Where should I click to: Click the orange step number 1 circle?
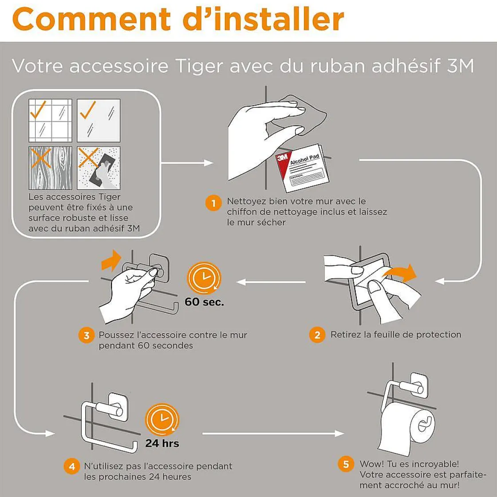pyautogui.click(x=213, y=203)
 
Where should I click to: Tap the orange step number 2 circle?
pyautogui.click(x=317, y=335)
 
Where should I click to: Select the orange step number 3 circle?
pyautogui.click(x=87, y=335)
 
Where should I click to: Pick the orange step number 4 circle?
pyautogui.click(x=72, y=466)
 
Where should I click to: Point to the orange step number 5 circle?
pyautogui.click(x=346, y=464)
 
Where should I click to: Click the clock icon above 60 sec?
pyautogui.click(x=204, y=278)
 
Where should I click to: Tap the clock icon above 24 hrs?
pyautogui.click(x=162, y=419)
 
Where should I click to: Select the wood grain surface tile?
pyautogui.click(x=51, y=168)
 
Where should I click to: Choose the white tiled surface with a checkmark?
pyautogui.click(x=51, y=120)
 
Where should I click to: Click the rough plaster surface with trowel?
pyautogui.click(x=99, y=168)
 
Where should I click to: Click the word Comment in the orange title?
pyautogui.click(x=91, y=19)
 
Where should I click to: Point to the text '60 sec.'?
pyautogui.click(x=204, y=302)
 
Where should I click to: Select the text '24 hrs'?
pyautogui.click(x=162, y=443)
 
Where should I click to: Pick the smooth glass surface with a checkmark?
pyautogui.click(x=99, y=120)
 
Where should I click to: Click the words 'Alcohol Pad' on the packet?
pyautogui.click(x=304, y=159)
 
